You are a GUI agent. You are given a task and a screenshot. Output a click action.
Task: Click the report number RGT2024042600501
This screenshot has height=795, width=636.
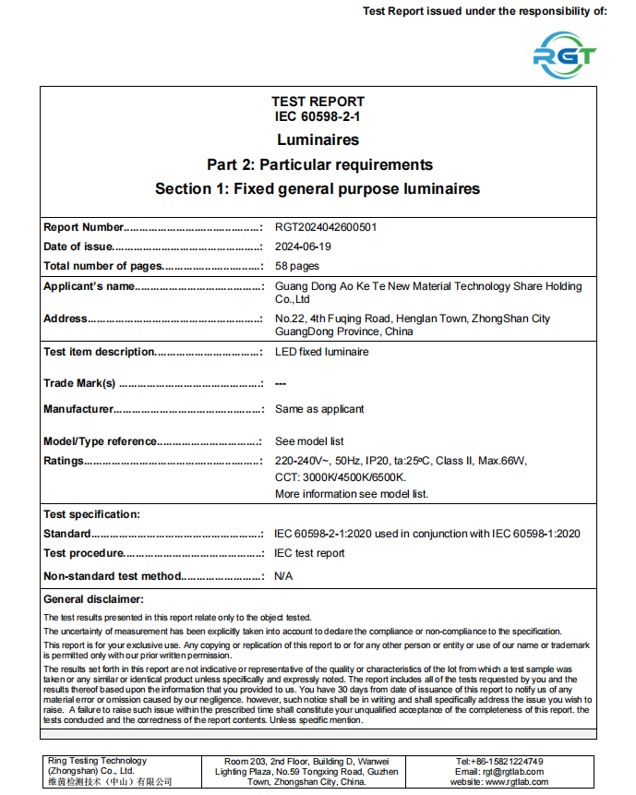point(326,227)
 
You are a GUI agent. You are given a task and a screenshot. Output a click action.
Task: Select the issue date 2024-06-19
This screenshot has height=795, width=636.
point(303,247)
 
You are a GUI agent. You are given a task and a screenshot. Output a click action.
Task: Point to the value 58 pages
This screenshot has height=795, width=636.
point(297,266)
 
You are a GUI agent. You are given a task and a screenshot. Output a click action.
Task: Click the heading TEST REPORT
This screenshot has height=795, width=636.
point(318,102)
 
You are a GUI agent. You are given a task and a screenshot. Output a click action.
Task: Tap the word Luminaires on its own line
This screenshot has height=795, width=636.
point(318,140)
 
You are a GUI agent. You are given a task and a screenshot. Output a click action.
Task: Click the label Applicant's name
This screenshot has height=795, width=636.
point(90,286)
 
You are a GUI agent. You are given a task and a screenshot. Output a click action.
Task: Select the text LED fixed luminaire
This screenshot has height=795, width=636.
point(321,352)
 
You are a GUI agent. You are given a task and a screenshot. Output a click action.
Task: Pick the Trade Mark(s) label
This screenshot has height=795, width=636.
point(79,383)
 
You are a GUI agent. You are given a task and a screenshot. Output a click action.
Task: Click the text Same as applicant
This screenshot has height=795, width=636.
point(319,409)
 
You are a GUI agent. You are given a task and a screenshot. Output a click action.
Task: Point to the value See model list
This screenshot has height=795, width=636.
point(309,441)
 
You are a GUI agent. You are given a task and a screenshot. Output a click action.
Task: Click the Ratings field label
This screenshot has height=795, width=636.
point(64,461)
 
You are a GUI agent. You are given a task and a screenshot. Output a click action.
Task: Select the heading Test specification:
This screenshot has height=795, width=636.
point(91,514)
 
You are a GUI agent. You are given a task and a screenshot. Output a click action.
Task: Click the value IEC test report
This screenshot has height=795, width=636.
point(309,553)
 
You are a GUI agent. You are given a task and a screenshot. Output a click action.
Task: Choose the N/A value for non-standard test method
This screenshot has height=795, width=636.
point(284,576)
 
